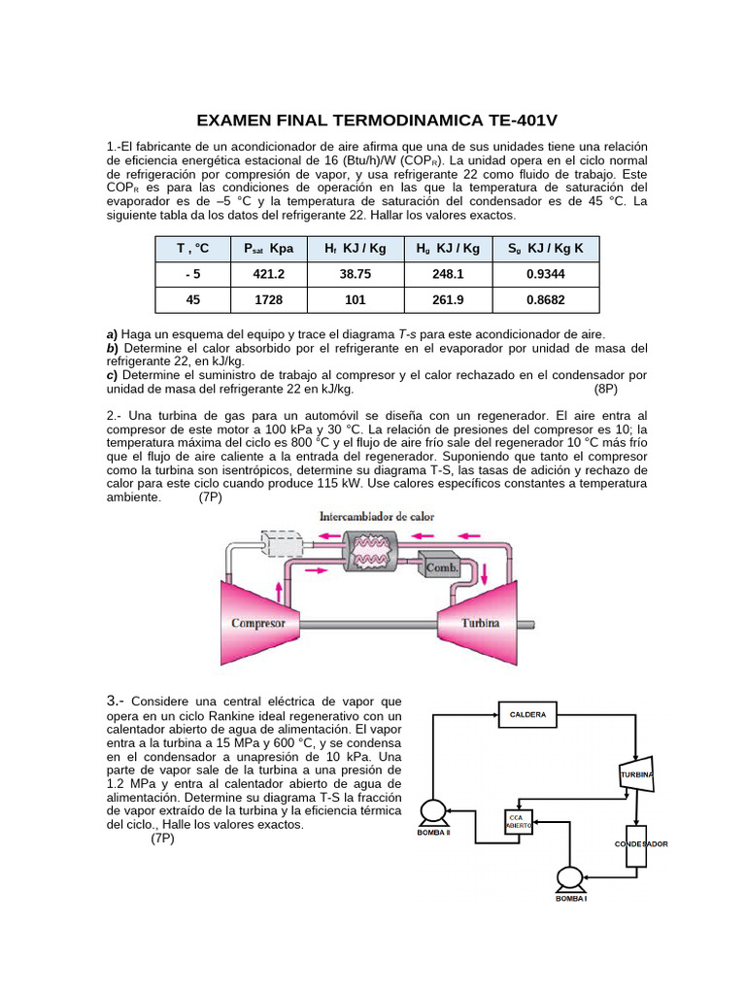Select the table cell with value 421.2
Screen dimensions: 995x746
(268, 275)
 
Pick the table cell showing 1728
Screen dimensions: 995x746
(268, 300)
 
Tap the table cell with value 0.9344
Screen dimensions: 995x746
(546, 275)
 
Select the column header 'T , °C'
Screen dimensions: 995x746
(192, 249)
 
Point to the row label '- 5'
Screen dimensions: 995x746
(192, 275)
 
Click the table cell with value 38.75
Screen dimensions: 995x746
(356, 275)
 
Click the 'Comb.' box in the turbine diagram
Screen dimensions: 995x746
(440, 565)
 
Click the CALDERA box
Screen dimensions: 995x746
(527, 715)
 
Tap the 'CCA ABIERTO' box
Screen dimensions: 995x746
(517, 822)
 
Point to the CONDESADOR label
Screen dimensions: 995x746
(641, 844)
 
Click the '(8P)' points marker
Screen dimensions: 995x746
(606, 388)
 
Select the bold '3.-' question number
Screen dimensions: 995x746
(115, 701)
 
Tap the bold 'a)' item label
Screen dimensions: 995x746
(112, 333)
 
